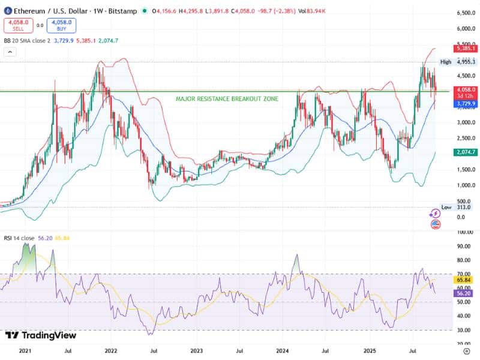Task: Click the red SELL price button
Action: point(18,25)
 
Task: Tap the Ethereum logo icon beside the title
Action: point(7,10)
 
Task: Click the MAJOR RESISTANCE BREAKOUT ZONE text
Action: point(227,98)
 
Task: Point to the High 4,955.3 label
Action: point(457,62)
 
